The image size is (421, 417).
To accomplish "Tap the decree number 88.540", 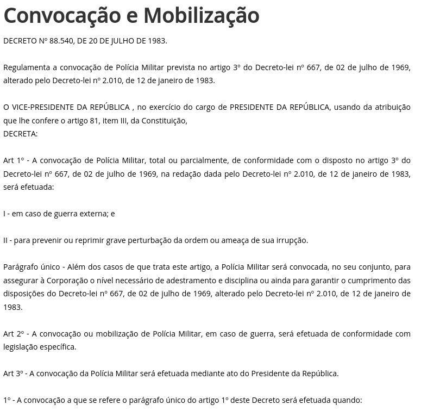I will [x=61, y=41].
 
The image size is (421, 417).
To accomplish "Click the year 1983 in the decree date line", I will [x=155, y=41].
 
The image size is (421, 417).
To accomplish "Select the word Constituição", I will [x=164, y=121].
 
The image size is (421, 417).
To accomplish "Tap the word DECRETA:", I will [x=20, y=134].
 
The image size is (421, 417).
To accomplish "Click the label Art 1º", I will [x=13, y=160].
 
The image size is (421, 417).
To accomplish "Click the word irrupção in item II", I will [x=291, y=240].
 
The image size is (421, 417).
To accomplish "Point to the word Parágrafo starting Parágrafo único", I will [x=21, y=267].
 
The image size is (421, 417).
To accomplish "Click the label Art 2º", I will [x=13, y=334].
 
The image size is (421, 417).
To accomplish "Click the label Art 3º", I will [x=13, y=374].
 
